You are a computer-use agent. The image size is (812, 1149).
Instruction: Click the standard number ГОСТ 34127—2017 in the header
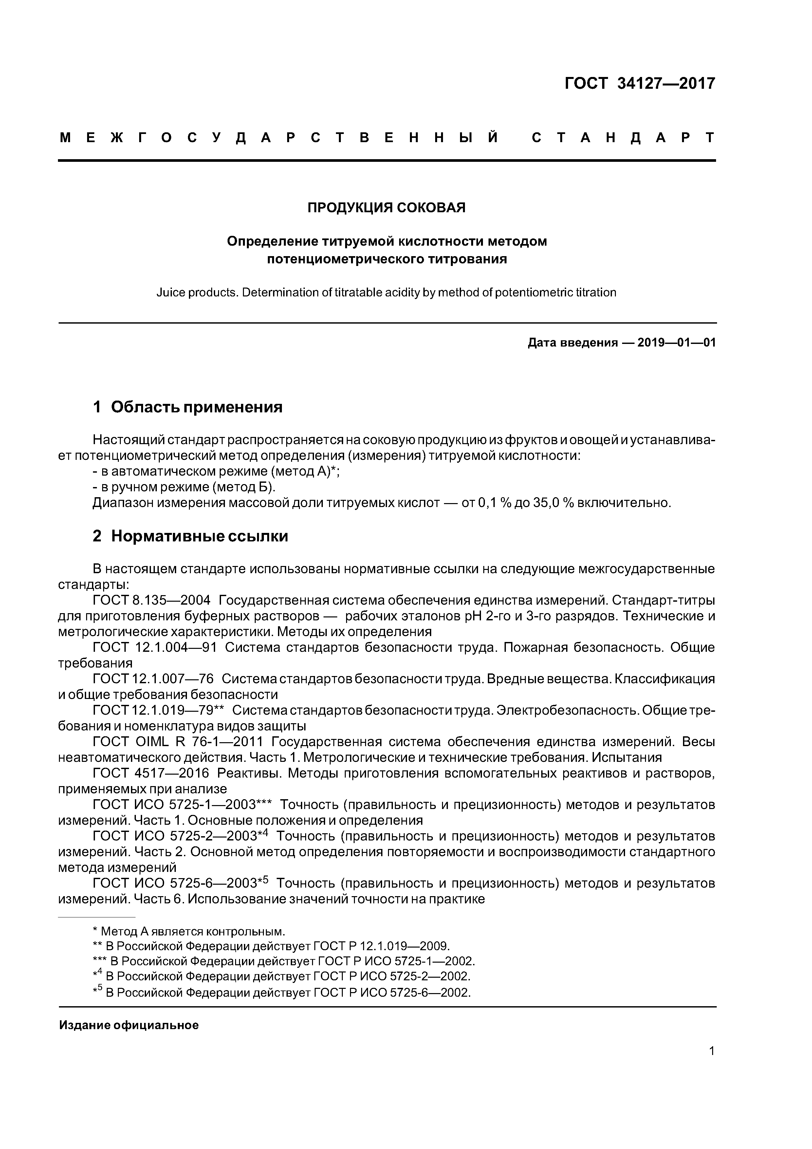[640, 83]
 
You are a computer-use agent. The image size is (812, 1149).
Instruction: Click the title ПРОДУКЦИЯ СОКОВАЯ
[386, 207]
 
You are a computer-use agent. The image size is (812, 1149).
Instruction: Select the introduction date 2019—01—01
[676, 343]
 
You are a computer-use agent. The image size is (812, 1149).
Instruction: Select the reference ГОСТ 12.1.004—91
[155, 648]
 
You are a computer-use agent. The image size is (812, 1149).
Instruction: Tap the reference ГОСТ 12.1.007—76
[153, 679]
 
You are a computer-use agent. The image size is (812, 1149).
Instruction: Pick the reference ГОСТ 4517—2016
[151, 773]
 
